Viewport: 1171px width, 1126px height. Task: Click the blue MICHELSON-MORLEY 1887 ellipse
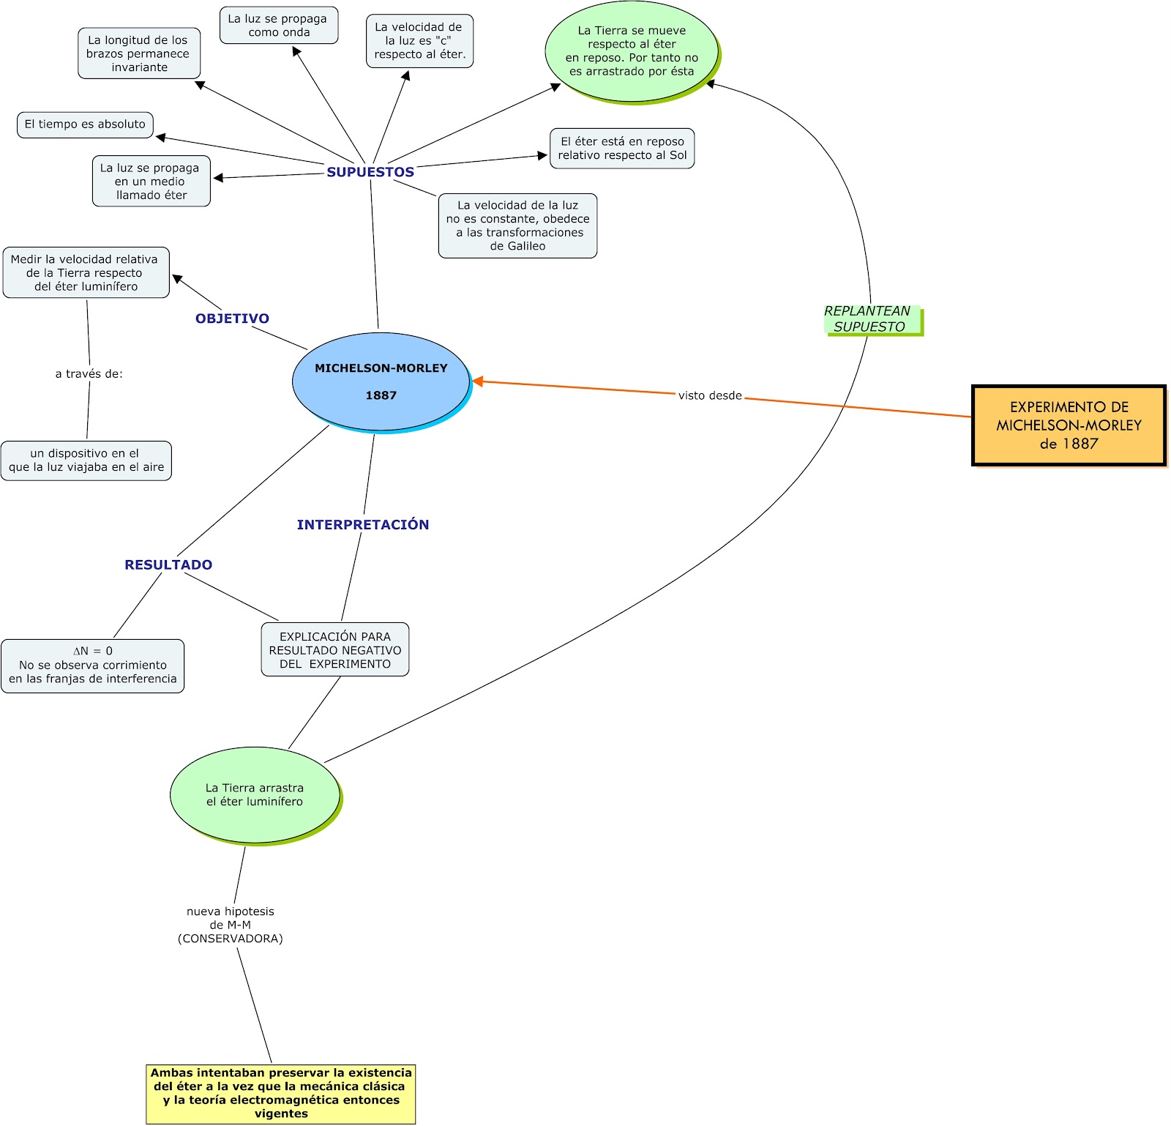[x=381, y=381]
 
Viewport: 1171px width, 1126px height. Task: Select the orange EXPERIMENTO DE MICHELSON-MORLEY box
[x=1069, y=425]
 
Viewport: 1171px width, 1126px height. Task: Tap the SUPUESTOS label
[x=370, y=172]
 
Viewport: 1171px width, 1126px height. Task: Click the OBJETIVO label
[x=232, y=318]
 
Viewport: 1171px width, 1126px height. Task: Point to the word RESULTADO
[x=168, y=564]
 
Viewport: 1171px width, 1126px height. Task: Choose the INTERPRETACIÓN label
[x=363, y=524]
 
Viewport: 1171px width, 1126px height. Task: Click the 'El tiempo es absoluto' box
[x=85, y=124]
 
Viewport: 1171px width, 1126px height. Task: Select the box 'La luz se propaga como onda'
[x=278, y=26]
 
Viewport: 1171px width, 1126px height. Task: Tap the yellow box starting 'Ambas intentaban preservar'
[x=281, y=1093]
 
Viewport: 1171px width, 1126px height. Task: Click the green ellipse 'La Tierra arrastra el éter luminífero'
[x=255, y=795]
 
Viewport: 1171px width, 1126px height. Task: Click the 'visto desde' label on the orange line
[x=709, y=395]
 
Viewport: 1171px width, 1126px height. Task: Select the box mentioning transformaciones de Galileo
[x=517, y=225]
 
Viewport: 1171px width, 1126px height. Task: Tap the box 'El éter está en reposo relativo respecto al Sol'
[x=622, y=149]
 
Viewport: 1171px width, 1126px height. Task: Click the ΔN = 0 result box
[x=93, y=665]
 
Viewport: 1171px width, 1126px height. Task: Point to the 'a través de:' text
[x=89, y=374]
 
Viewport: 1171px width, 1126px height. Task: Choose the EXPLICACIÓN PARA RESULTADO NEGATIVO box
[x=335, y=649]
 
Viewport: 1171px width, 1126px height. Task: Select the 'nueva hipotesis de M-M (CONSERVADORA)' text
[x=230, y=925]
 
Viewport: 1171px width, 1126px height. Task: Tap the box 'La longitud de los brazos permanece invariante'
[x=138, y=53]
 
